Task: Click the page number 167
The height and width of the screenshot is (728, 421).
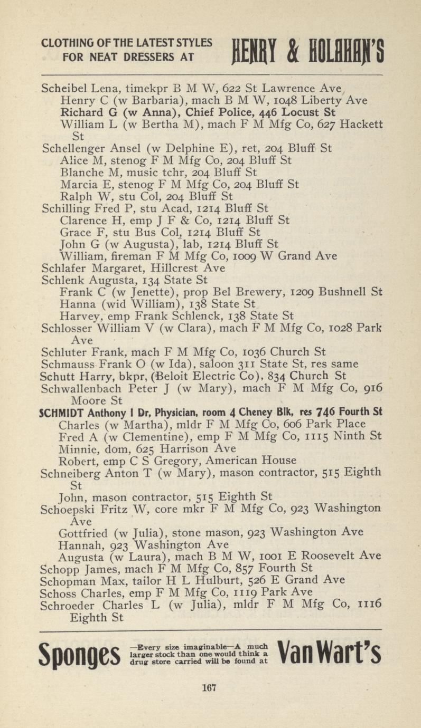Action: tap(210, 688)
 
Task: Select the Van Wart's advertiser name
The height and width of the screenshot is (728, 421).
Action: tap(331, 655)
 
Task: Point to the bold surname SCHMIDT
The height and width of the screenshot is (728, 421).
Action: tap(61, 412)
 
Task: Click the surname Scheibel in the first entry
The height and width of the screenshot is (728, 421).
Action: tap(62, 88)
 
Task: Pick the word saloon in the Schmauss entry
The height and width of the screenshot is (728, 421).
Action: tap(220, 364)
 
